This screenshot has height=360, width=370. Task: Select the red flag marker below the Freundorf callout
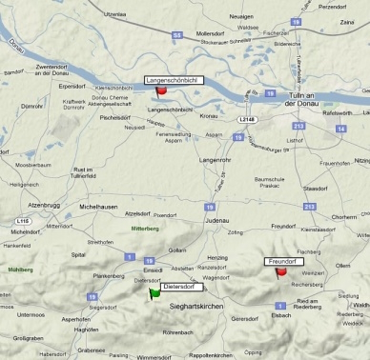[x=281, y=272]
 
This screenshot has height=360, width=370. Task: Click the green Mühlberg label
[x=20, y=270]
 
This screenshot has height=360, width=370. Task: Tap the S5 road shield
[x=176, y=35]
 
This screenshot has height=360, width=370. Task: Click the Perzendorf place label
[x=334, y=6]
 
